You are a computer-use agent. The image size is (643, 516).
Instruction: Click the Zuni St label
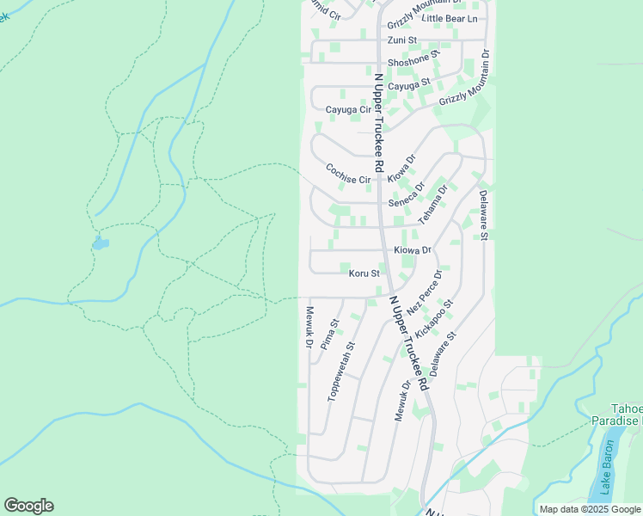tap(401, 40)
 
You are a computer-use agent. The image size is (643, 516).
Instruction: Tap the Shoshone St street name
tap(413, 60)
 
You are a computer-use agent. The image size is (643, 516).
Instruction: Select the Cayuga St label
tap(408, 86)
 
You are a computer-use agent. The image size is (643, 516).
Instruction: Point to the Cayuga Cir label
tap(348, 110)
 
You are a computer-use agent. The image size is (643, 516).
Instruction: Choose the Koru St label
tap(364, 273)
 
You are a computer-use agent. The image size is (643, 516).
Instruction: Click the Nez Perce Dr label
tap(425, 292)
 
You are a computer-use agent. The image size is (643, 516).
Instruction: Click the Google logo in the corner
tap(28, 506)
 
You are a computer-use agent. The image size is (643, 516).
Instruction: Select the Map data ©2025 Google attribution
tap(589, 509)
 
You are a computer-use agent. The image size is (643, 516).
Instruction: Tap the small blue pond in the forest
tap(101, 243)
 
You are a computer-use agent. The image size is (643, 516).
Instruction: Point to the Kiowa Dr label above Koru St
tap(412, 250)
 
